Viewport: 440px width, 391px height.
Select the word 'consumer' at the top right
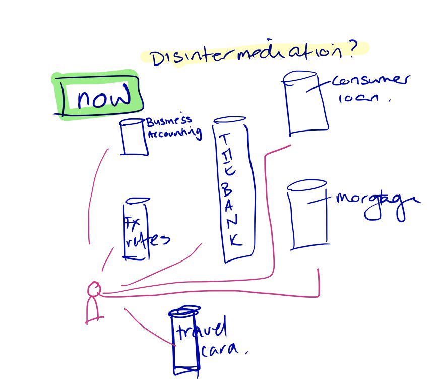(x=371, y=82)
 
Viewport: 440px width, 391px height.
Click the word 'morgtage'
(x=376, y=201)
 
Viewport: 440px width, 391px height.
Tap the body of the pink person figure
(x=92, y=308)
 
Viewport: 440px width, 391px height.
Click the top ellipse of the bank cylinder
(x=229, y=121)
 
